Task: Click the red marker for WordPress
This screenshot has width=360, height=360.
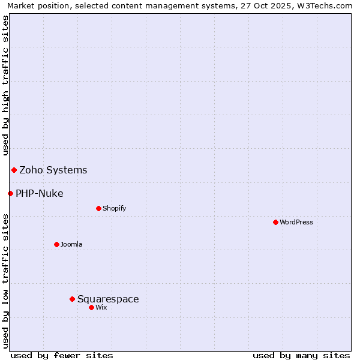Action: click(275, 222)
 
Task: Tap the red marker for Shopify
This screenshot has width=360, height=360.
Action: click(98, 208)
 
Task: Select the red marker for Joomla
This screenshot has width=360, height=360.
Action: click(56, 244)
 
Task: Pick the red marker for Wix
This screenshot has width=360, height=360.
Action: click(91, 307)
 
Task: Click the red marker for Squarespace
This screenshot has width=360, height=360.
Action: click(72, 299)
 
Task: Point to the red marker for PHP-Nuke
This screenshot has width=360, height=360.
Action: click(10, 193)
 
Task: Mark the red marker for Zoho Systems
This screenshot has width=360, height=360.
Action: click(14, 170)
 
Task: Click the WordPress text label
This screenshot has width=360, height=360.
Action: click(296, 222)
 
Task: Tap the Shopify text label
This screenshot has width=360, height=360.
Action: click(114, 208)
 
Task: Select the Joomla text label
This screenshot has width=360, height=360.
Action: click(71, 244)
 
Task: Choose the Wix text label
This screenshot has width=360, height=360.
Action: click(101, 307)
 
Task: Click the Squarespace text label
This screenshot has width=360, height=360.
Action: click(108, 299)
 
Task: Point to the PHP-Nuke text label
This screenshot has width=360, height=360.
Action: click(40, 193)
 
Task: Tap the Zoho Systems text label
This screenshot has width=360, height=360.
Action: click(53, 170)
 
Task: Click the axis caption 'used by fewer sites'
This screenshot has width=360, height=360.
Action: click(62, 355)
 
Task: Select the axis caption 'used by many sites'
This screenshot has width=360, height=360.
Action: click(301, 355)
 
